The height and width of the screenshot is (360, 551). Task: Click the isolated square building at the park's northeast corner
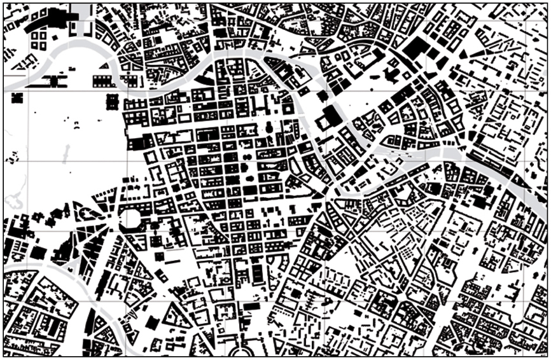tap(114, 101)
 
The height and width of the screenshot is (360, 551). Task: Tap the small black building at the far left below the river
tap(16, 97)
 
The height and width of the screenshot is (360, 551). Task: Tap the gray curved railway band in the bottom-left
tap(64, 277)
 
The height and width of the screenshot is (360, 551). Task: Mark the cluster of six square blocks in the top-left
tap(39, 40)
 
